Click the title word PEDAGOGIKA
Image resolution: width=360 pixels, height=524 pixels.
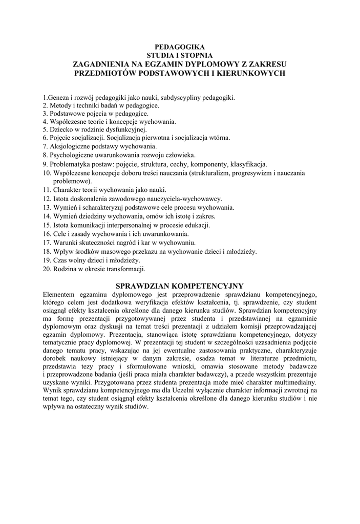click(x=180, y=47)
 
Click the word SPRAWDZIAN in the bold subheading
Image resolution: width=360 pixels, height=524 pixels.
click(x=145, y=285)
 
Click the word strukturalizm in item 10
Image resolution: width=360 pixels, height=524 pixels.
click(x=210, y=173)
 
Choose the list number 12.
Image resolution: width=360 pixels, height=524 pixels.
click(x=46, y=199)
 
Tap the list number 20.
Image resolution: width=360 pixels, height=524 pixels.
click(x=46, y=269)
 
